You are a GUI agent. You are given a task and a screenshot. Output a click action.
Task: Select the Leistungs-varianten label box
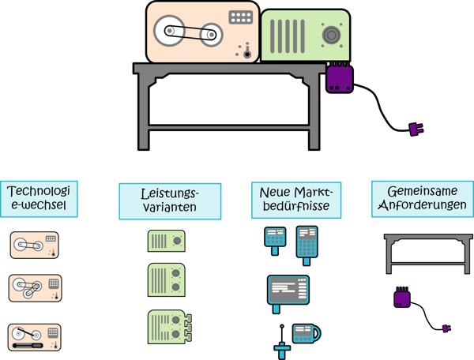159,201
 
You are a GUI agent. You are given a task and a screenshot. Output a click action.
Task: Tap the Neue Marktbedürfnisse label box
290,201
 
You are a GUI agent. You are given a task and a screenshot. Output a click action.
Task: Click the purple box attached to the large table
340,79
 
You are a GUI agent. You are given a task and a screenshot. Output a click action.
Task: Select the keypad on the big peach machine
239,17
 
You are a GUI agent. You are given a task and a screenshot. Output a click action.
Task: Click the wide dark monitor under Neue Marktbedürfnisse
288,289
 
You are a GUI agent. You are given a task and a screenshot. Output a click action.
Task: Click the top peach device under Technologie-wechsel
36,245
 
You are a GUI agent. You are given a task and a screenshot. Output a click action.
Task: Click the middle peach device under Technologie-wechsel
36,288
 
